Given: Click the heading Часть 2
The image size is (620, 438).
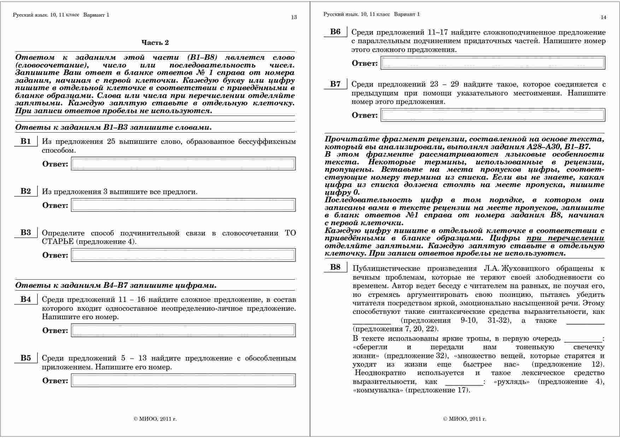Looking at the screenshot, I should point(155,43).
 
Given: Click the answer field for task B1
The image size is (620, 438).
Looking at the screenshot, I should point(183,164).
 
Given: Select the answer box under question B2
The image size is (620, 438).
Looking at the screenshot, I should point(183,205).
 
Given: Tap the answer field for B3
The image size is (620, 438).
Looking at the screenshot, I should point(183,255).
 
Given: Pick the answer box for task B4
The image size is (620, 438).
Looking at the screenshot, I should point(183,330).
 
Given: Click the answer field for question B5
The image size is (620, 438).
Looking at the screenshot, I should point(183,380).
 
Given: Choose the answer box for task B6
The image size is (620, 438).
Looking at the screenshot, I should point(493,63).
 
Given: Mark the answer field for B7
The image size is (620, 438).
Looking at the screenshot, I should point(493,115).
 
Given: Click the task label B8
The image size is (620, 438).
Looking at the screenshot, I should point(335,267).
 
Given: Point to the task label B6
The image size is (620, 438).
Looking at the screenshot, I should point(335,32).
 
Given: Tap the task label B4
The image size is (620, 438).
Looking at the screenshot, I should point(26,299).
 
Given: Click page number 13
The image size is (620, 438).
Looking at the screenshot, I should point(294,17).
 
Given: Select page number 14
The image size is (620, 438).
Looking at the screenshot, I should point(603,17).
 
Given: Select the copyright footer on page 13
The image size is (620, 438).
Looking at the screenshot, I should point(155,419).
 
